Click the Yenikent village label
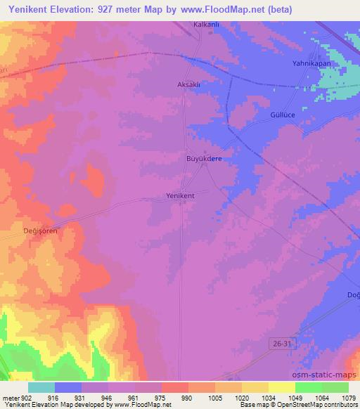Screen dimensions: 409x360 pyautogui.click(x=180, y=195)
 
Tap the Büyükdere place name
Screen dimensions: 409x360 pyautogui.click(x=204, y=160)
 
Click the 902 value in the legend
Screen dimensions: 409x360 pyautogui.click(x=26, y=397)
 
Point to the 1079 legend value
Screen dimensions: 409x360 pyautogui.click(x=348, y=397)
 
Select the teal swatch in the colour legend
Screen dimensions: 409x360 pyautogui.click(x=41, y=387)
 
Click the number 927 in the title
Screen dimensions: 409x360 pyautogui.click(x=115, y=8)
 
